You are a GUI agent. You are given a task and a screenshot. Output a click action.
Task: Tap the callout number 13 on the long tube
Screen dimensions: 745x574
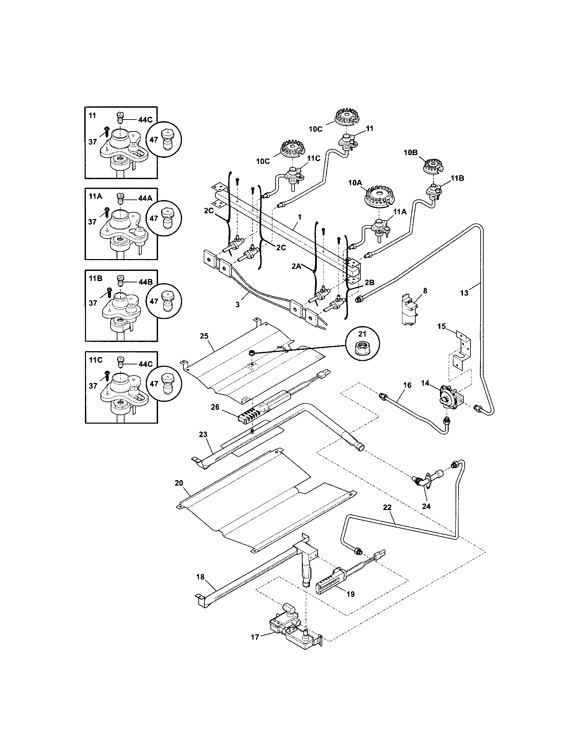point(464,293)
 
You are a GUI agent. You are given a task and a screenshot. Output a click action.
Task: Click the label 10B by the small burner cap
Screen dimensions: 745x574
point(411,153)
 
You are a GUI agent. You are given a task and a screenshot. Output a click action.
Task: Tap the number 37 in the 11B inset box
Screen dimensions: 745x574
point(93,303)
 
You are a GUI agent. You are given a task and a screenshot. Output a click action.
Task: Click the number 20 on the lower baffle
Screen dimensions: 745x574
point(179,483)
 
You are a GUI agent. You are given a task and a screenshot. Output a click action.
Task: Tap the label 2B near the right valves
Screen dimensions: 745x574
point(370,282)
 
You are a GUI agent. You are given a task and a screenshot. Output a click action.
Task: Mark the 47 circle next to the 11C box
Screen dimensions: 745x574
point(164,384)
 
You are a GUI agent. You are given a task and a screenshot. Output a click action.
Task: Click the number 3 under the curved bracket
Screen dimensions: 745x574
point(238,305)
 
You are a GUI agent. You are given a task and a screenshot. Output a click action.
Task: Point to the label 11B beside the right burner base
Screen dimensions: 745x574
point(457,178)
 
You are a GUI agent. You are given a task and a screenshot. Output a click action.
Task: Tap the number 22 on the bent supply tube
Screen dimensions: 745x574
point(387,517)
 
